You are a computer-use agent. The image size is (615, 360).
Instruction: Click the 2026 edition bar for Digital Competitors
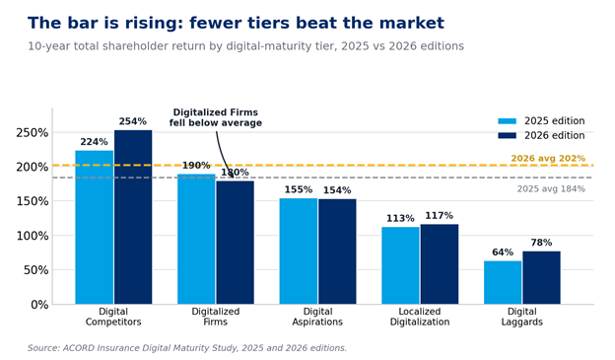(x=133, y=217)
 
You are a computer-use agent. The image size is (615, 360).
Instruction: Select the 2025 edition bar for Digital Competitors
(x=95, y=227)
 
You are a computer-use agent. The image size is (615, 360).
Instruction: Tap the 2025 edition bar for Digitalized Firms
(x=196, y=239)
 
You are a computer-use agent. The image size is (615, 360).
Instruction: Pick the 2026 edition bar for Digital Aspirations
(x=337, y=252)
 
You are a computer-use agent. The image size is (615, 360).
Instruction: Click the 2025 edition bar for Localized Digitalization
(x=400, y=265)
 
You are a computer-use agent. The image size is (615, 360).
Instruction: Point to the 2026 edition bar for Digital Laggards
(x=541, y=277)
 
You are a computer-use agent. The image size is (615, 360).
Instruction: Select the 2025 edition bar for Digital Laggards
(x=503, y=283)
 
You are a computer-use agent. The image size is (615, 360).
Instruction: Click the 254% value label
(x=133, y=121)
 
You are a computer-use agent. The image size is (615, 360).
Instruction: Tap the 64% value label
(x=503, y=252)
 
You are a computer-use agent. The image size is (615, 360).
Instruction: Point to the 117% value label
(x=440, y=216)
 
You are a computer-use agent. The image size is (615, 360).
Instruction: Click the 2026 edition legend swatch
(x=508, y=135)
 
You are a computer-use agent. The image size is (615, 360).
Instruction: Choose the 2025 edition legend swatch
(x=508, y=121)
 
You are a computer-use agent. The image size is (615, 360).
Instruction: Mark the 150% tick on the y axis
(x=33, y=201)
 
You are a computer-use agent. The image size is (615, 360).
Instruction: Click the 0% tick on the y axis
(x=39, y=305)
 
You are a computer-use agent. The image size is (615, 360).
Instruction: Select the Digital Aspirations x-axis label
(x=317, y=317)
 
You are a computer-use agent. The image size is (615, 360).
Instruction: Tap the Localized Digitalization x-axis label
(x=420, y=317)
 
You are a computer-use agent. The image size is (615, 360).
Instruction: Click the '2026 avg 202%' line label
(x=548, y=158)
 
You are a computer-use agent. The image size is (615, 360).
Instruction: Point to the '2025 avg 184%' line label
(x=551, y=188)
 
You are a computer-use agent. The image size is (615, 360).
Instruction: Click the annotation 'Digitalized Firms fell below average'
(x=216, y=117)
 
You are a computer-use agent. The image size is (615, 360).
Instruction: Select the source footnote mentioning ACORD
(x=187, y=348)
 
